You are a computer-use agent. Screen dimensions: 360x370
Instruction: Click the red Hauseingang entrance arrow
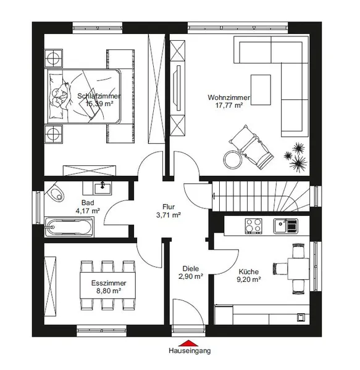tap(188, 343)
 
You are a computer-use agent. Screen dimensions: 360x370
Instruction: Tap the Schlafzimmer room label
tap(99, 96)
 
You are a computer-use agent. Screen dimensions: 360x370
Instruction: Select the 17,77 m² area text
tap(229, 105)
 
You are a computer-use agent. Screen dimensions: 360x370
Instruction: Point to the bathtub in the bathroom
tap(69, 227)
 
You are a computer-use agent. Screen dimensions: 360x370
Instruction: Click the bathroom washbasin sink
tap(103, 189)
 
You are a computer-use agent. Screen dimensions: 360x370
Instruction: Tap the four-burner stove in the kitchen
tap(253, 226)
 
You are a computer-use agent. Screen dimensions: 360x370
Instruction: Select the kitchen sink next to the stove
tap(285, 226)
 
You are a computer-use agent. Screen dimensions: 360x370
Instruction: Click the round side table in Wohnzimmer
tap(233, 160)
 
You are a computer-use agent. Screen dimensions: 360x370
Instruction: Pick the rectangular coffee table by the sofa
tap(261, 89)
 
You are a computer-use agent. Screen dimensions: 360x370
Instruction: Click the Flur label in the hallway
tap(169, 207)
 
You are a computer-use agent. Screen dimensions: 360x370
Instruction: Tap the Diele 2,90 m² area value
tap(191, 276)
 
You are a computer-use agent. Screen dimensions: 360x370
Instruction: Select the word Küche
tap(248, 271)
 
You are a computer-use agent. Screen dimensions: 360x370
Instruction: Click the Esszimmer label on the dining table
tap(109, 283)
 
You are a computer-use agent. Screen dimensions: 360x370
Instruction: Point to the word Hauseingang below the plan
tap(190, 351)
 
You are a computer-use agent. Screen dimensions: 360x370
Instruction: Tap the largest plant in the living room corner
tap(298, 163)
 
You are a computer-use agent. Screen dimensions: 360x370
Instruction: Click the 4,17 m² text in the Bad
tap(88, 211)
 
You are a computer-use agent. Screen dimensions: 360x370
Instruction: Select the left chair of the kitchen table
tap(280, 268)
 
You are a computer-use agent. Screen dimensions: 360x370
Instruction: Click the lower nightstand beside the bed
tap(54, 134)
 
